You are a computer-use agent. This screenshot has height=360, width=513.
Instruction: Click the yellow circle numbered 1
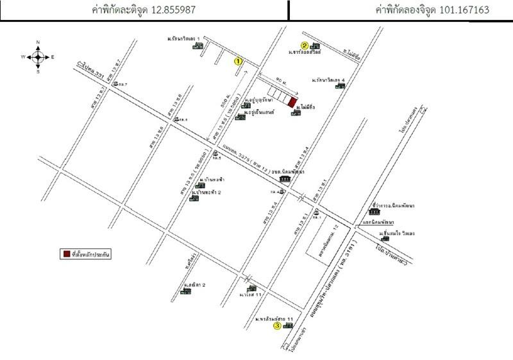pos(239,61)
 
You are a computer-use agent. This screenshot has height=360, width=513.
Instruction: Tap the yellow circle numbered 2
pos(305,45)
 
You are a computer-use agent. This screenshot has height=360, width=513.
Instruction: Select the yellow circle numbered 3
pos(277,326)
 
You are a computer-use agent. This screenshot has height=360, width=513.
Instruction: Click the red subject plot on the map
pos(292,102)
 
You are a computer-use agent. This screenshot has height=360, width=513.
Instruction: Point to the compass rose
pos(38,56)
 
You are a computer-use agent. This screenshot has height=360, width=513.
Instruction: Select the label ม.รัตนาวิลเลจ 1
pos(183,39)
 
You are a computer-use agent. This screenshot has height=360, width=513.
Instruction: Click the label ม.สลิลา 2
pos(194,284)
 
